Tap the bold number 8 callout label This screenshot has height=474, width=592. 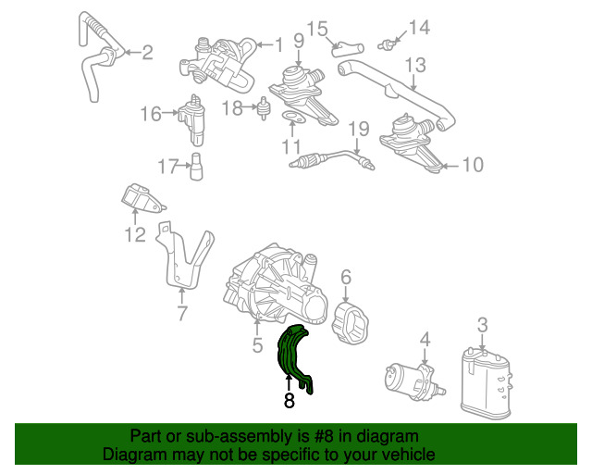290,401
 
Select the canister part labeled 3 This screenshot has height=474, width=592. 486,382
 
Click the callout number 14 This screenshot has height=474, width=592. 419,28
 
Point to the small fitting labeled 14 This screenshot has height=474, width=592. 387,44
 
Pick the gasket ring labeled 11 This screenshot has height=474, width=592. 292,117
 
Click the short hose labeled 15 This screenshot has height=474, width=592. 348,49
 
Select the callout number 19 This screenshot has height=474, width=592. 358,130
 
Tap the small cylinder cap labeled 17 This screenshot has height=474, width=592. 196,167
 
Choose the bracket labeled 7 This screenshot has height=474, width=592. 184,256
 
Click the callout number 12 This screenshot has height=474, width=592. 135,235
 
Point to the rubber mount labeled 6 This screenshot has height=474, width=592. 350,323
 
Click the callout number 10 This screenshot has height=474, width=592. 473,165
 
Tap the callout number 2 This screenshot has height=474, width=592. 147,53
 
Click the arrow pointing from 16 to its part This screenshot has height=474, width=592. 170,112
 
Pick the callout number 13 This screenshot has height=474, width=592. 415,66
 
